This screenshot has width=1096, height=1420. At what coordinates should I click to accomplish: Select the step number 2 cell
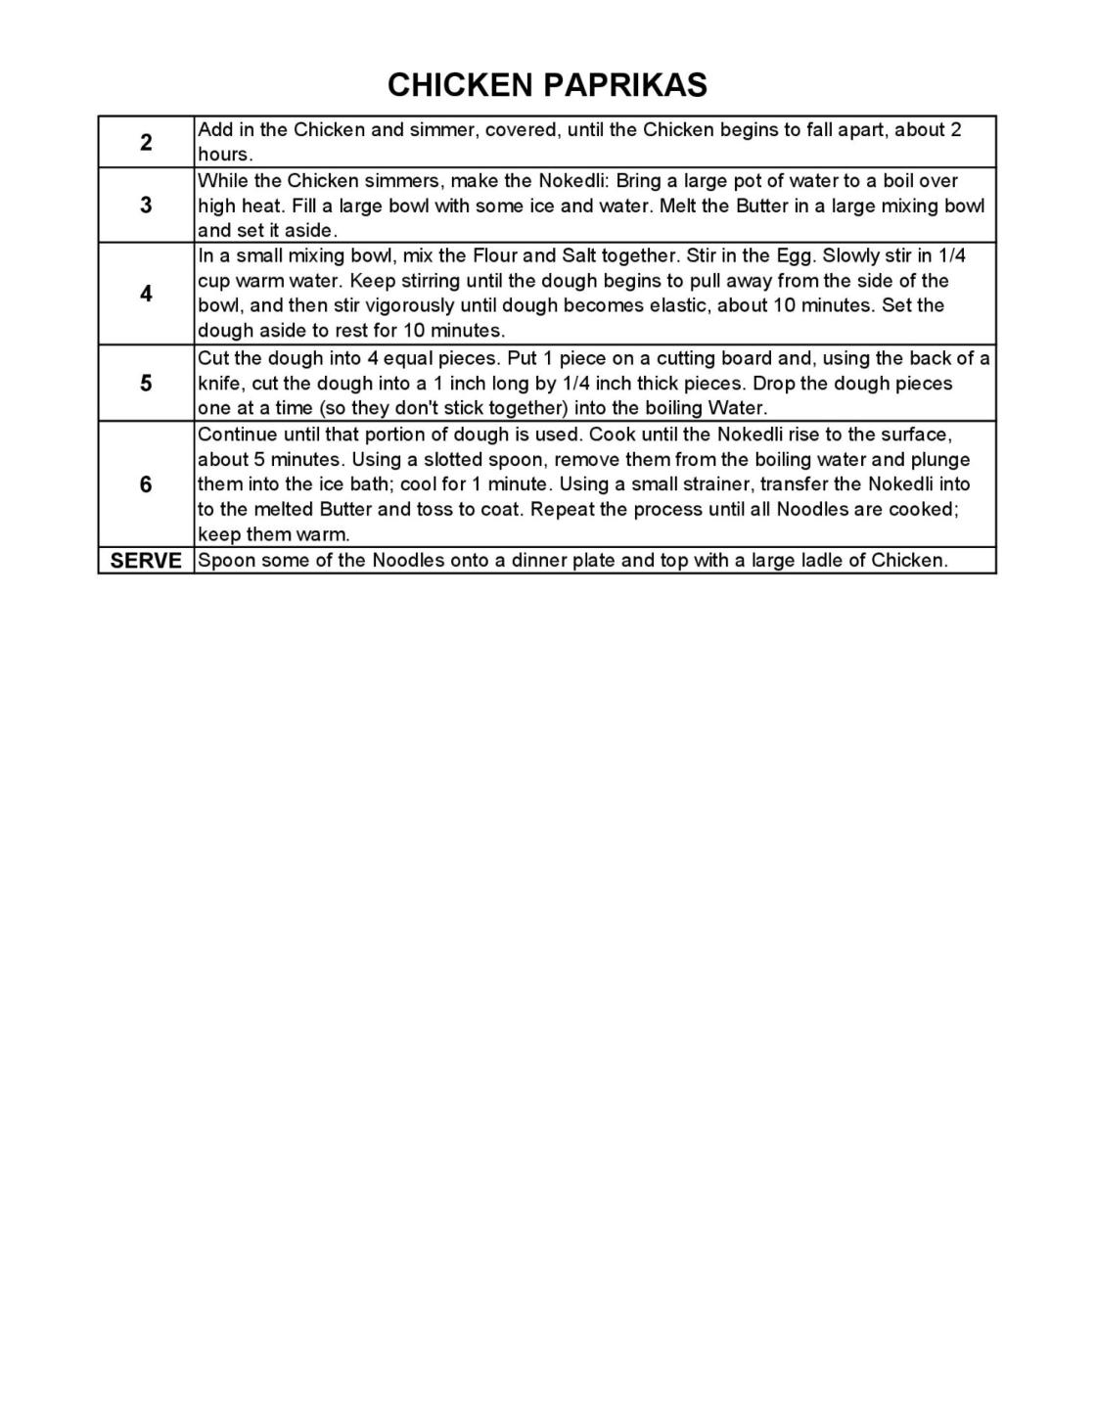[x=146, y=142]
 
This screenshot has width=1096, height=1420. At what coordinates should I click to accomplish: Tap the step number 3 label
[x=146, y=205]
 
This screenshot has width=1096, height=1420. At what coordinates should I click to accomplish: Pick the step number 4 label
[x=146, y=294]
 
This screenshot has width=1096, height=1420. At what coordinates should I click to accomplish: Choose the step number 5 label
[x=146, y=383]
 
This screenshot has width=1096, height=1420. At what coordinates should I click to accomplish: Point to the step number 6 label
[x=146, y=484]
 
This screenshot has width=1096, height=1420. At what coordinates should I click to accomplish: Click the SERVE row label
[x=146, y=561]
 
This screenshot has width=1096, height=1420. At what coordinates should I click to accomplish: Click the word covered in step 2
[x=523, y=130]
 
